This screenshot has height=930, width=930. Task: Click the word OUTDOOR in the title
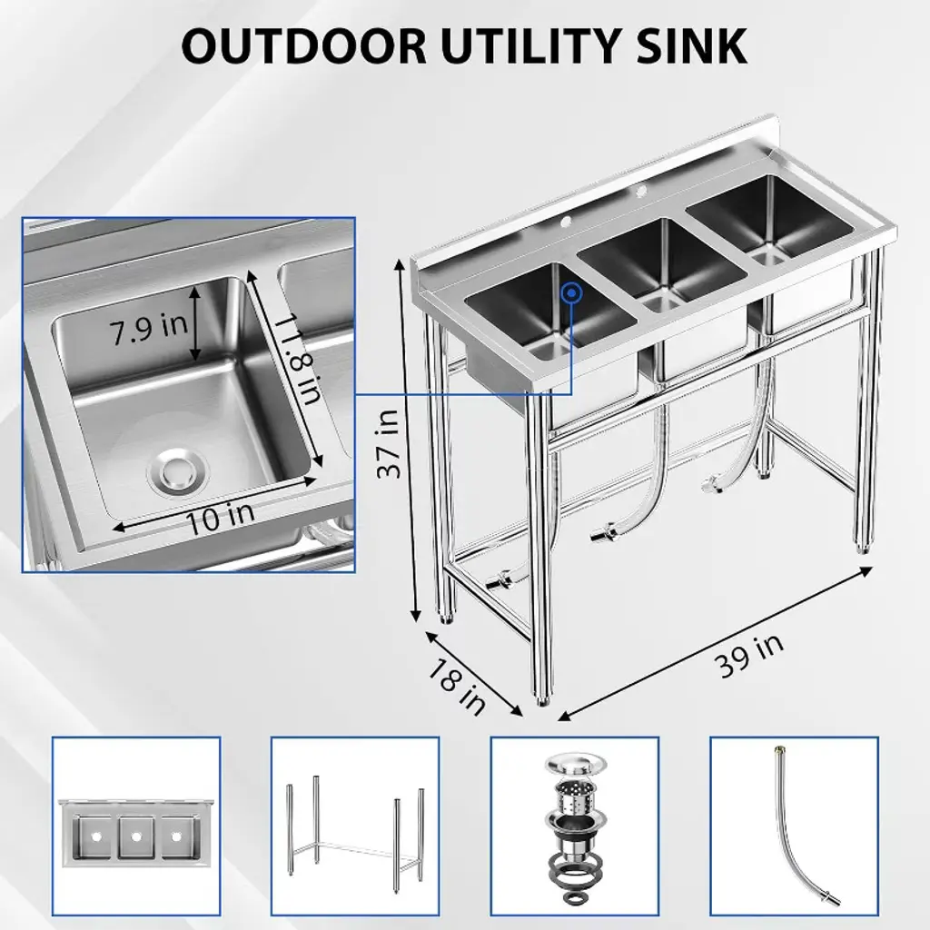[x=303, y=45]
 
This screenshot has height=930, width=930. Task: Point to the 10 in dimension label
[x=220, y=516]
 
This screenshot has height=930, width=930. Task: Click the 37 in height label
[x=390, y=443]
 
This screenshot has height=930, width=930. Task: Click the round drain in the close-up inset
[x=178, y=471]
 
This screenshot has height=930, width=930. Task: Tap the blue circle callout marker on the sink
[x=572, y=293]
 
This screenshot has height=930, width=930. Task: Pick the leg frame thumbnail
[x=355, y=828]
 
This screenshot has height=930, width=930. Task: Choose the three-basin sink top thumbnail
[x=136, y=828]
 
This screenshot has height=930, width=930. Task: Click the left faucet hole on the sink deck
[x=565, y=223]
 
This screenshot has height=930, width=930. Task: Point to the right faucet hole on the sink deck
[x=640, y=191]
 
